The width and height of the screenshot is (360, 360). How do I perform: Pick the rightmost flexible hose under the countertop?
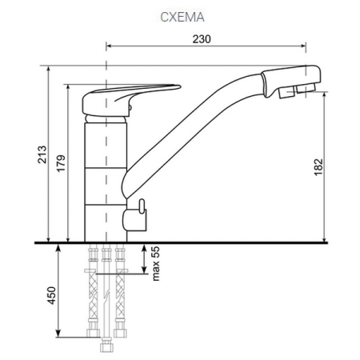pos(122,296)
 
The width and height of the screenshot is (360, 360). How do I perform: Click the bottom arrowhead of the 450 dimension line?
pos(60,335)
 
